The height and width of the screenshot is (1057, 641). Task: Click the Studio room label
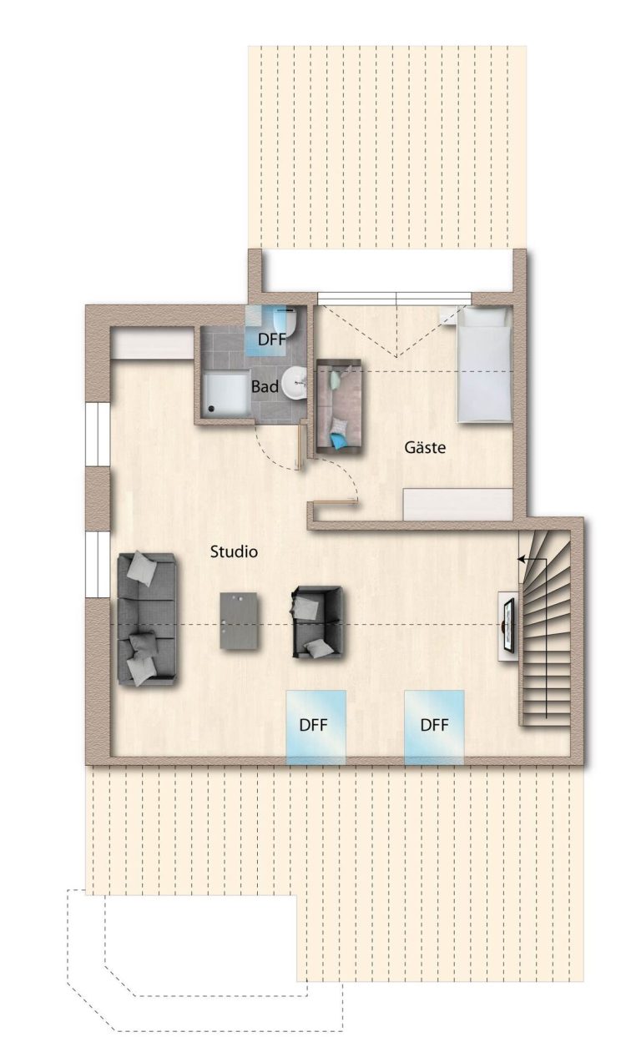pos(234,551)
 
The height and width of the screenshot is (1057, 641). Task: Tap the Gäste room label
pos(424,447)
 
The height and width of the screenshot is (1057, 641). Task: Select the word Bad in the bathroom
pos(265,386)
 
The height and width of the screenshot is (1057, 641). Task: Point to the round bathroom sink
pos(295,383)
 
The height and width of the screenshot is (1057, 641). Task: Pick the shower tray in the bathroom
pos(226,394)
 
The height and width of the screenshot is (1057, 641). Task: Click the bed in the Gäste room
pos(483,364)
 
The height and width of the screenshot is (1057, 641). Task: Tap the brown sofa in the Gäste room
pos(339,407)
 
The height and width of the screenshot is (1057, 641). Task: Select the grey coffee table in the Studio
pos(239,621)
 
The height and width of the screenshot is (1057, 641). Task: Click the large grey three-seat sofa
pos(147,619)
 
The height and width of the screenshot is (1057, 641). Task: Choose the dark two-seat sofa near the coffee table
pos(318,622)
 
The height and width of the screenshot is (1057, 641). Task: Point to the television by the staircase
pos(509,626)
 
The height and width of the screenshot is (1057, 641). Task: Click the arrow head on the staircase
pos(521,559)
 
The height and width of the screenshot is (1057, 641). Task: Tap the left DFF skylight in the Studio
pos(315,727)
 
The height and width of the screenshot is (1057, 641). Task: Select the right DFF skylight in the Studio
pos(434,727)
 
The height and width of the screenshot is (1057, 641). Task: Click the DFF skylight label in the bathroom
pos(272,339)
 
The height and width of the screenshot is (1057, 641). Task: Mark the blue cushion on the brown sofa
pos(338,440)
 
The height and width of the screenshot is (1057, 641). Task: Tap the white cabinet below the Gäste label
pos(457,505)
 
